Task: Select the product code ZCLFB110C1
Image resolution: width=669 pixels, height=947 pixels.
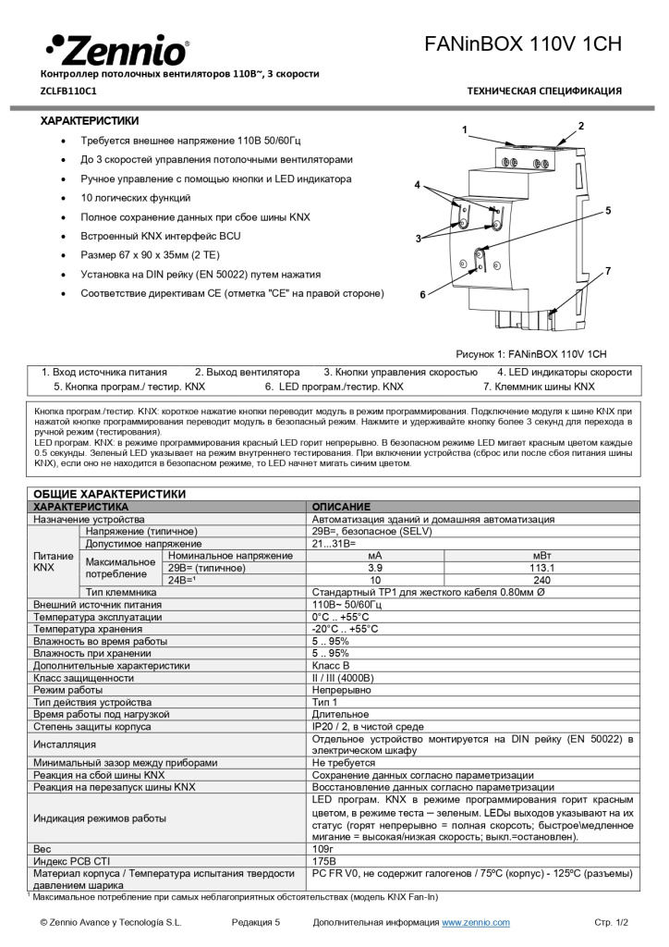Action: pyautogui.click(x=67, y=91)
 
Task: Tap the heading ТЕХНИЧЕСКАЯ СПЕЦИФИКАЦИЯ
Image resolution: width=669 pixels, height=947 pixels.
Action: pyautogui.click(x=544, y=91)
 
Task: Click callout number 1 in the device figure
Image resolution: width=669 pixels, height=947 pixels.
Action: pyautogui.click(x=466, y=129)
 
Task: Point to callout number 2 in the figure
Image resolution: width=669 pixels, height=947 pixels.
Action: pyautogui.click(x=581, y=125)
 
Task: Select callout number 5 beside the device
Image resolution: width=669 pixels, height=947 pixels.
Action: pyautogui.click(x=608, y=211)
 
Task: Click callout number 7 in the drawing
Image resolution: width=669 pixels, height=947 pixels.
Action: pyautogui.click(x=608, y=271)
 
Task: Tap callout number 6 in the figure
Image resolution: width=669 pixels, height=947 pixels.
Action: pyautogui.click(x=422, y=295)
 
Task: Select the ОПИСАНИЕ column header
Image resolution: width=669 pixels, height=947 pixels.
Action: pyautogui.click(x=341, y=507)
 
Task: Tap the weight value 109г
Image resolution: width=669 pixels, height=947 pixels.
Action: pyautogui.click(x=322, y=847)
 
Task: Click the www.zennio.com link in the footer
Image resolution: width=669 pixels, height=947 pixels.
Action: pyautogui.click(x=475, y=922)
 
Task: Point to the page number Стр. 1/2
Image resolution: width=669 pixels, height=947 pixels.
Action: pyautogui.click(x=610, y=922)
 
